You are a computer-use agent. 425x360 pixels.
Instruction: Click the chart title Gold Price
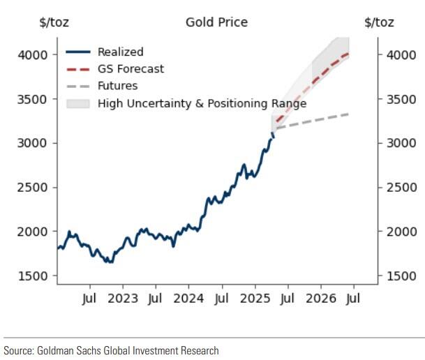(216, 22)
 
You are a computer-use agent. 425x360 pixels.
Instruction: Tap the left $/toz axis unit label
(53, 22)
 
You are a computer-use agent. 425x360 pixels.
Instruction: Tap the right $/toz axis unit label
(379, 22)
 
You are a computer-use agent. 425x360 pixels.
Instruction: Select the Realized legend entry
(120, 52)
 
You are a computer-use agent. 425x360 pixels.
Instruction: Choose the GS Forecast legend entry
(131, 69)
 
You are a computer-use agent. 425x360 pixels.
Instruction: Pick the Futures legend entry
(117, 87)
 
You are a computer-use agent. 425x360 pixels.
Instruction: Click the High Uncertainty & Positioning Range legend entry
(202, 104)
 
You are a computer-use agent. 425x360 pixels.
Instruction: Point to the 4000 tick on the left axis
(33, 54)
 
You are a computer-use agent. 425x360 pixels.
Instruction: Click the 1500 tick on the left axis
(33, 276)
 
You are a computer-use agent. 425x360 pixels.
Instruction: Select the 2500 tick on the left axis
(33, 187)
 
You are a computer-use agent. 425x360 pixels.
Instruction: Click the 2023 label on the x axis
(124, 299)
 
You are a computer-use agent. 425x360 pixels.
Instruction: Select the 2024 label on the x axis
(189, 299)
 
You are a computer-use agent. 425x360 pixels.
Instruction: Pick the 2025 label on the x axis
(255, 299)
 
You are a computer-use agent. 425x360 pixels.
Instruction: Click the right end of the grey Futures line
(348, 114)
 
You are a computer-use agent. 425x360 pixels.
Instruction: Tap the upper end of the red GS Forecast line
(348, 53)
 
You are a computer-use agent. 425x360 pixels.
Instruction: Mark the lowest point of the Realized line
(109, 262)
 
